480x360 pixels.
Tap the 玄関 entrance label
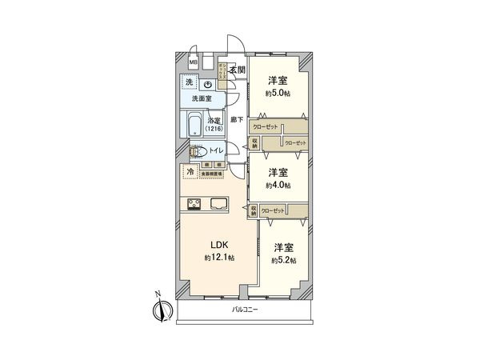pyautogui.click(x=237, y=70)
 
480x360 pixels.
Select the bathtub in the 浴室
pyautogui.click(x=194, y=126)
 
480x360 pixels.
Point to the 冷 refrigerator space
pyautogui.click(x=190, y=171)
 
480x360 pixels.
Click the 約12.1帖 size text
pyautogui.click(x=218, y=258)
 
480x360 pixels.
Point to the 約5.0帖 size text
pyautogui.click(x=278, y=94)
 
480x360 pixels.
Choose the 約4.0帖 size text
pyautogui.click(x=278, y=185)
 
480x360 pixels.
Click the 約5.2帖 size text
pyautogui.click(x=283, y=260)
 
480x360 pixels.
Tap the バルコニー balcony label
pyautogui.click(x=245, y=308)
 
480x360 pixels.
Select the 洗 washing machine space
pyautogui.click(x=189, y=83)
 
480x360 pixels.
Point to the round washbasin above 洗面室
pyautogui.click(x=207, y=84)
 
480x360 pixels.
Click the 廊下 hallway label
pyautogui.click(x=236, y=120)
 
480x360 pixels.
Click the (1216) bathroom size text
pyautogui.click(x=214, y=129)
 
